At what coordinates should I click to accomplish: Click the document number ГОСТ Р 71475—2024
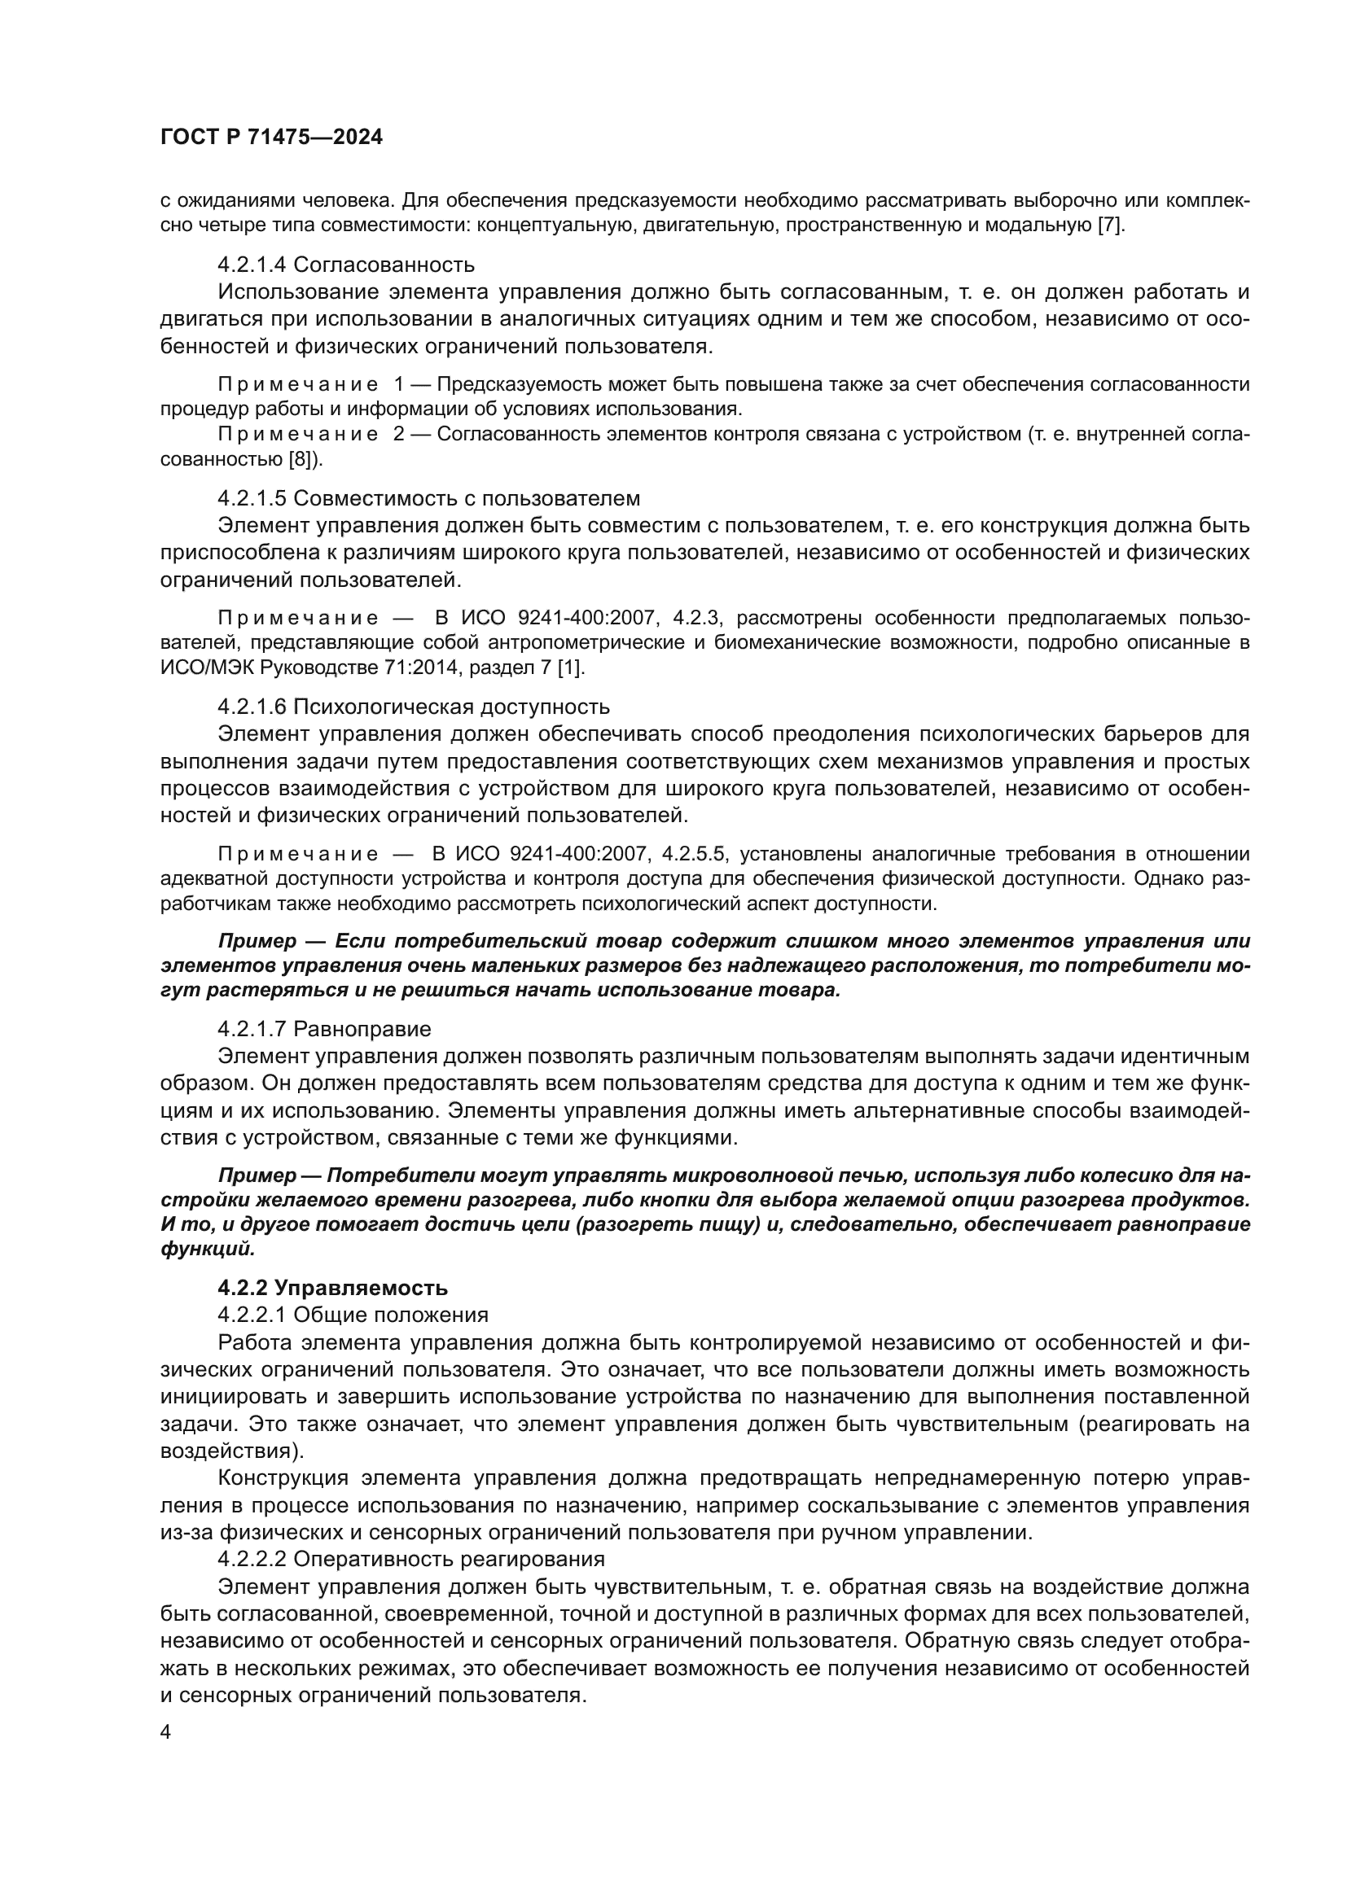[271, 138]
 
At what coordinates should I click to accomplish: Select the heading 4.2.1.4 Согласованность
[346, 265]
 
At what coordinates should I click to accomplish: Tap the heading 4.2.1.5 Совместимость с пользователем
[429, 498]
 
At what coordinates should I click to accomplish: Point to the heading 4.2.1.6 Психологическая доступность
[413, 707]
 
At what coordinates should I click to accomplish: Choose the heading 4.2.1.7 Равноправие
[324, 1029]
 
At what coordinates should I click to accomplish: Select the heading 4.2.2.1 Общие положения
[353, 1315]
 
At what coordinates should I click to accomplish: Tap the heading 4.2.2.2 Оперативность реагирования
[410, 1559]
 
